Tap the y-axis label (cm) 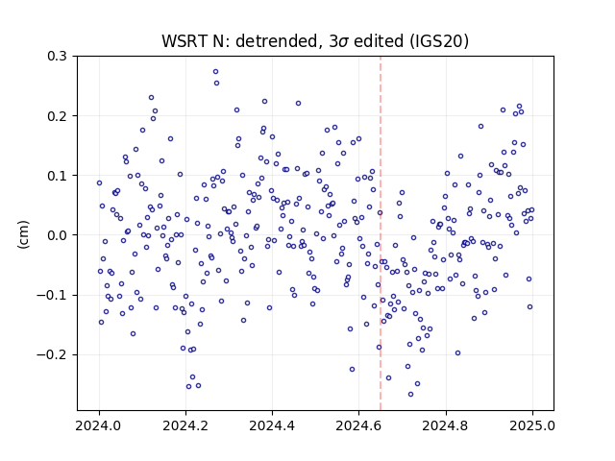coord(23,234)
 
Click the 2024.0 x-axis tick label coord(99,425)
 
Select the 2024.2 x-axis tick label coord(185,425)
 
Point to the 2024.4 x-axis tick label coord(272,425)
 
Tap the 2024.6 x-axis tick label coord(358,425)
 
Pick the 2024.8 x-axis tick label coord(446,425)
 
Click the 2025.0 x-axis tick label coord(532,425)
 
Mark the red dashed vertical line coord(381,233)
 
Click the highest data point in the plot coord(215,72)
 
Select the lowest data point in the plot coord(410,395)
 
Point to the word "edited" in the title coord(379,41)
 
